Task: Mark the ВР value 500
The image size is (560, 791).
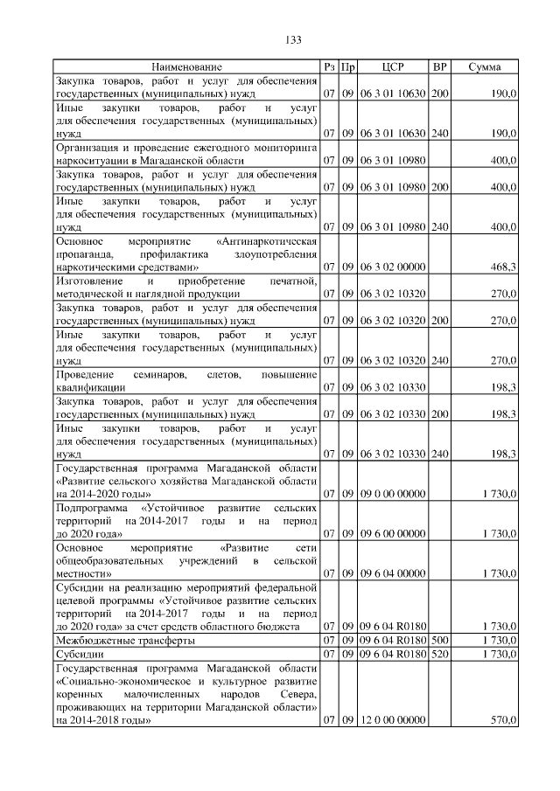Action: click(440, 641)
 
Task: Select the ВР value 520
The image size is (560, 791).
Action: click(440, 654)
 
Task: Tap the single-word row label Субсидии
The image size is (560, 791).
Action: click(80, 654)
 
